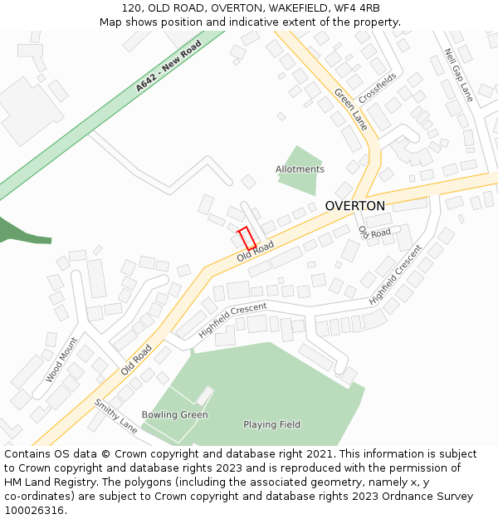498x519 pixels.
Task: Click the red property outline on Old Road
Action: click(x=247, y=237)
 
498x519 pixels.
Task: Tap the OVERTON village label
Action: click(x=354, y=206)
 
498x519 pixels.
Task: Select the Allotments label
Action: click(x=300, y=169)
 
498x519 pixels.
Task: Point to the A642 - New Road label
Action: click(x=169, y=66)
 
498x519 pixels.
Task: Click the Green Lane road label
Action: click(x=351, y=109)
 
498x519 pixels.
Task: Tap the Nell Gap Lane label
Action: click(x=458, y=75)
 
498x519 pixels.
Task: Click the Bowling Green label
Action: click(x=174, y=415)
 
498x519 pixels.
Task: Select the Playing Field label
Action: click(x=271, y=425)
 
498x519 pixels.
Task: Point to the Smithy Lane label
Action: click(x=115, y=416)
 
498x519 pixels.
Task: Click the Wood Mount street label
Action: click(x=61, y=360)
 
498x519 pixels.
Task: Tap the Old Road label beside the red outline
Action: click(x=255, y=252)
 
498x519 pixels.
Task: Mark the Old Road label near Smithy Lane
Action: click(x=137, y=360)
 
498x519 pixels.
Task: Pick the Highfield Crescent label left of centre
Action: click(x=232, y=321)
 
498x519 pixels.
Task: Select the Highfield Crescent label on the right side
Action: click(x=396, y=273)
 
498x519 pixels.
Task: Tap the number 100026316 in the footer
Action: click(x=36, y=511)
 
